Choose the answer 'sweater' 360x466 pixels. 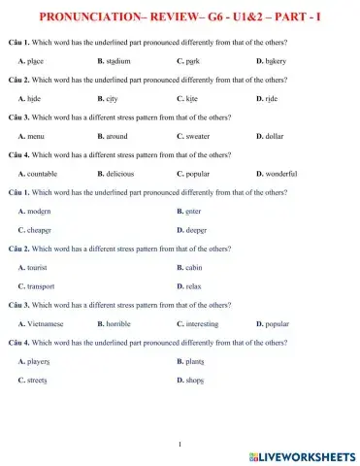[201, 136]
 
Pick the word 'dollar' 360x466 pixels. [277, 136]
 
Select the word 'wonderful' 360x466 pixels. [281, 173]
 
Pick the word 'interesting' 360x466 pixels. [208, 323]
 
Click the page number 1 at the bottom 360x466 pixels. [180, 444]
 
